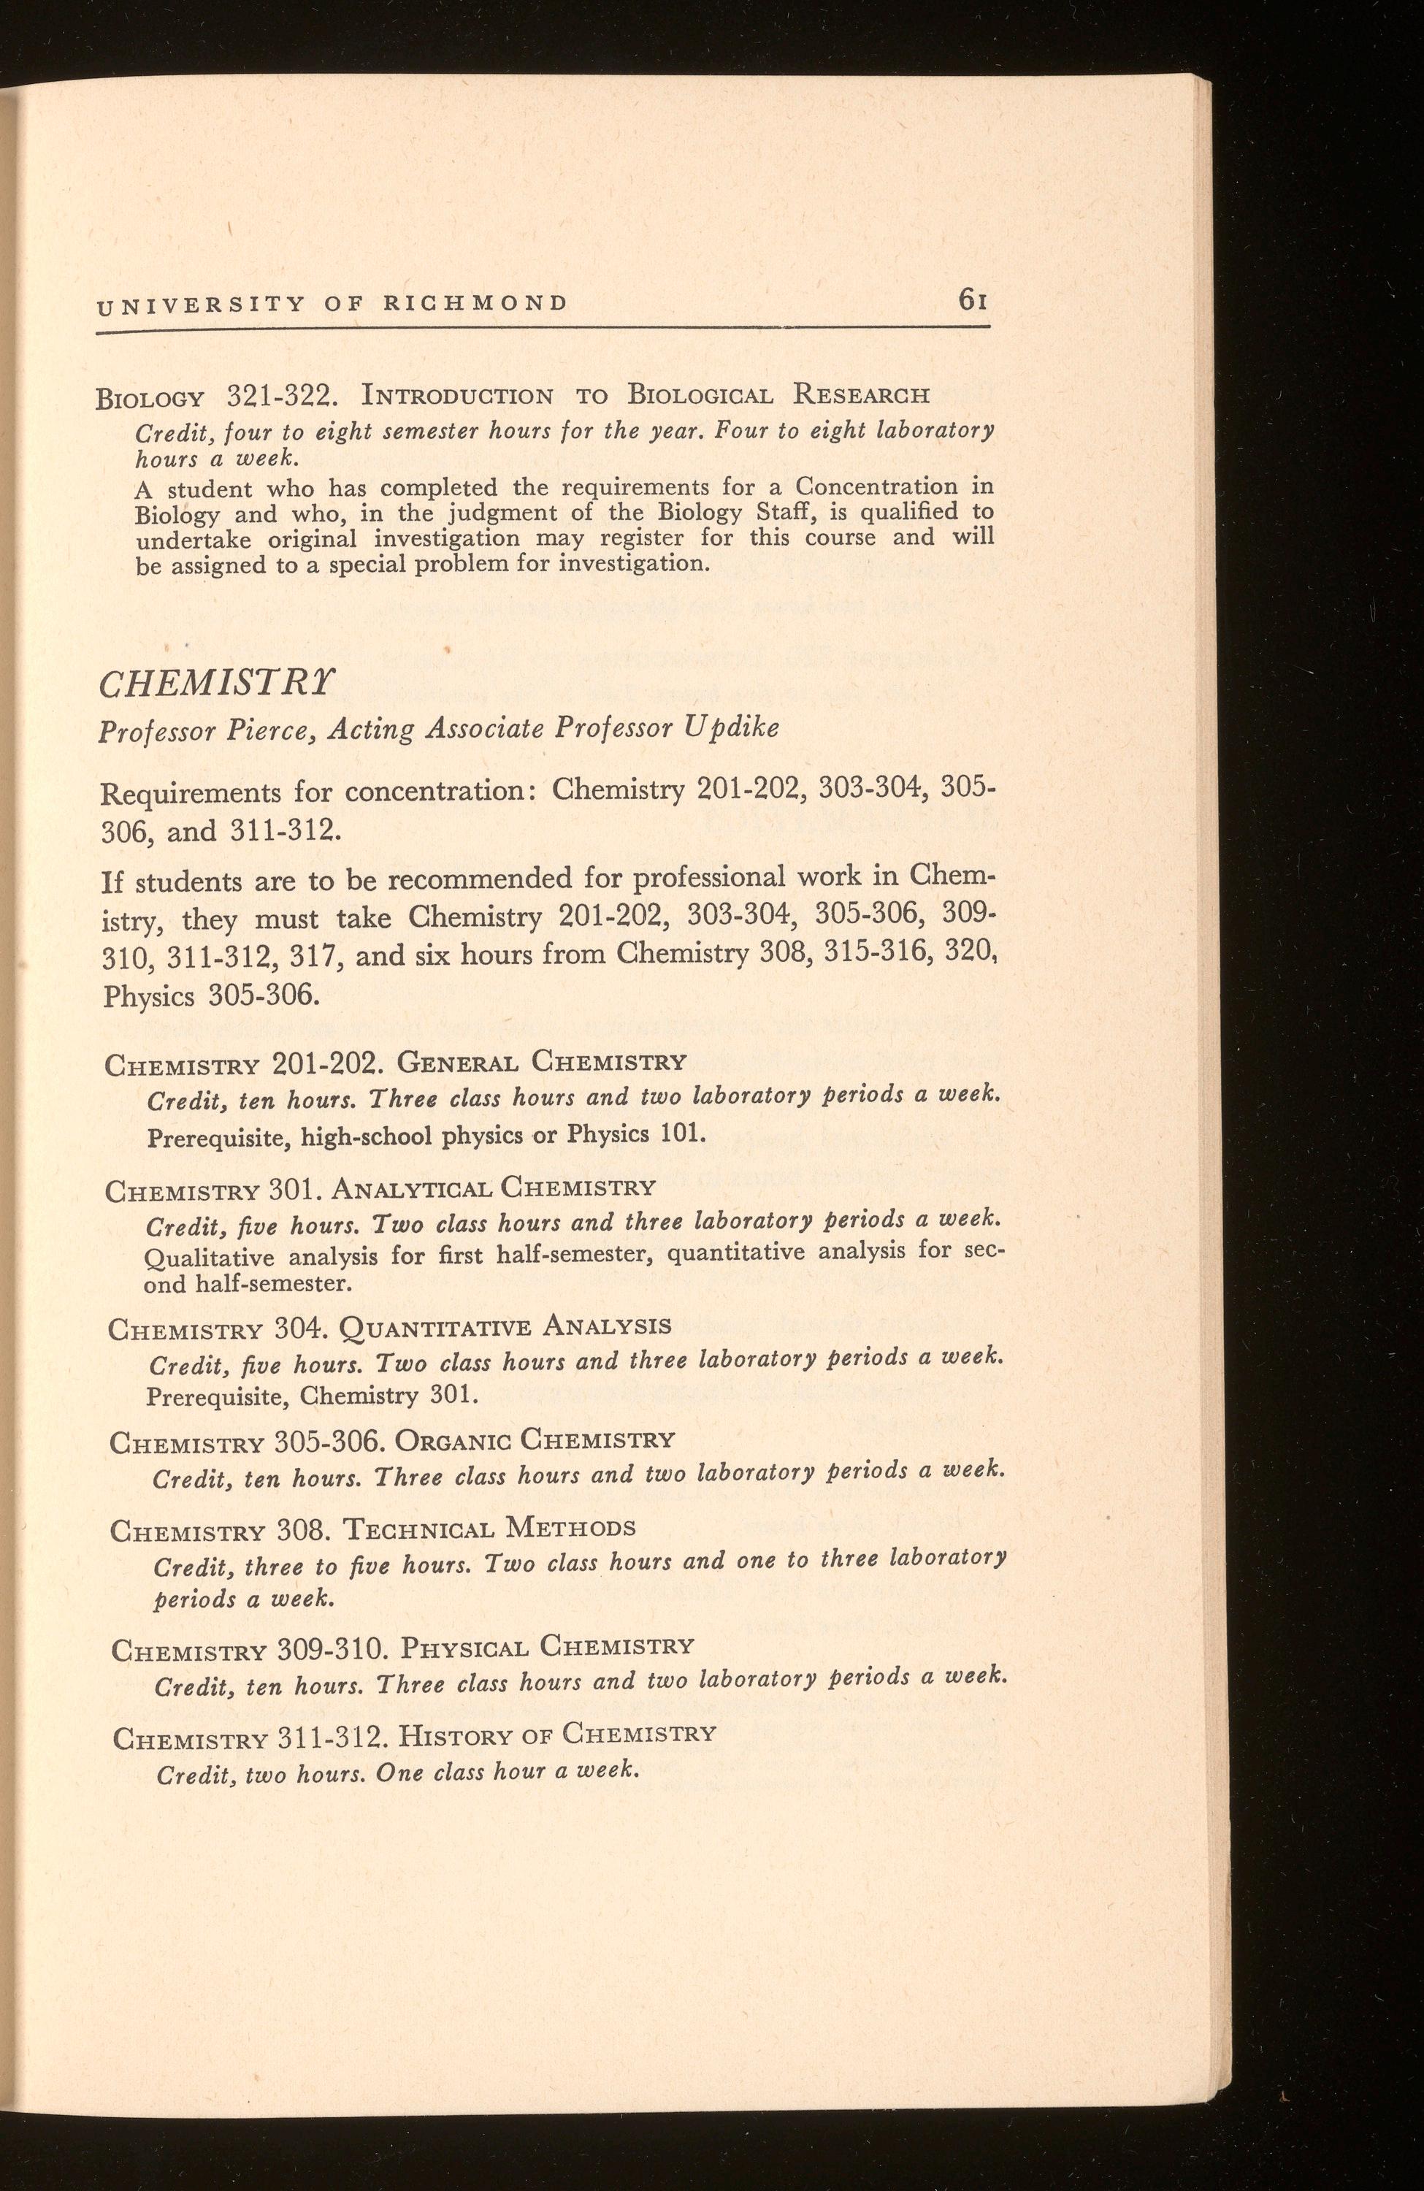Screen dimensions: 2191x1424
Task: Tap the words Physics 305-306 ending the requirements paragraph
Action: [x=212, y=996]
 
